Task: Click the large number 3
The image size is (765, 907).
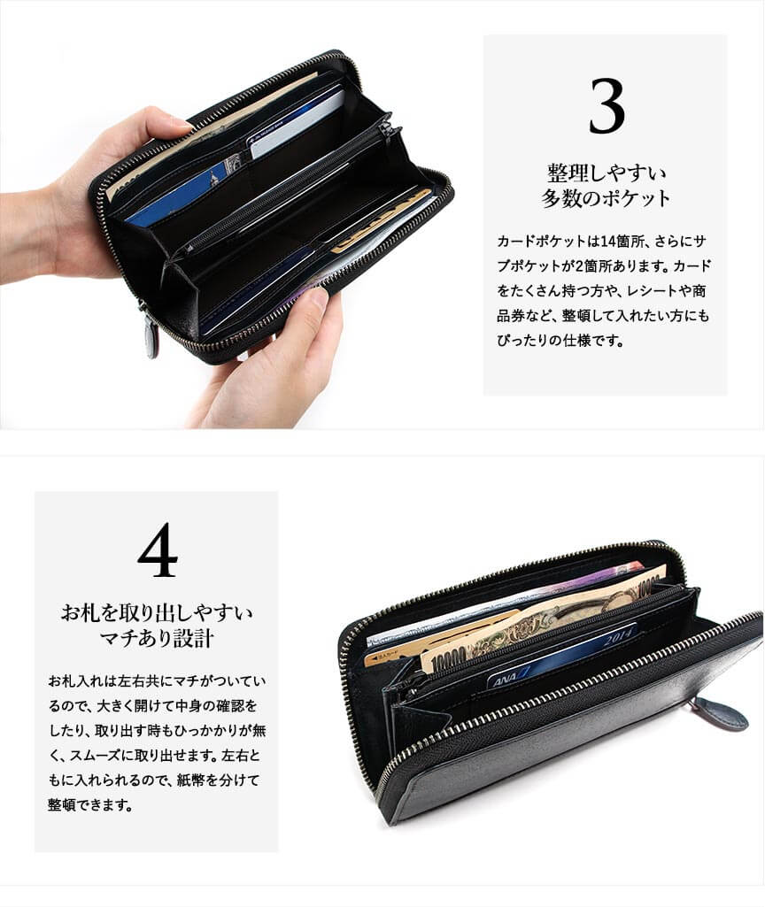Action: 607,106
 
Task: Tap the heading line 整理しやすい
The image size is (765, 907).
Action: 607,173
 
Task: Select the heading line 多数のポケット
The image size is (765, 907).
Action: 606,198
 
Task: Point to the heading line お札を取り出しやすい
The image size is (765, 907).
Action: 157,612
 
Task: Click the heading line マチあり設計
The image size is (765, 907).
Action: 157,639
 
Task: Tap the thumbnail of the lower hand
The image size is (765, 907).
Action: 315,299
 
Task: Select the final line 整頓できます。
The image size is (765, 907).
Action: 90,804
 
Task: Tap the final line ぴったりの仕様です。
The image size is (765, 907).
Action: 560,341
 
